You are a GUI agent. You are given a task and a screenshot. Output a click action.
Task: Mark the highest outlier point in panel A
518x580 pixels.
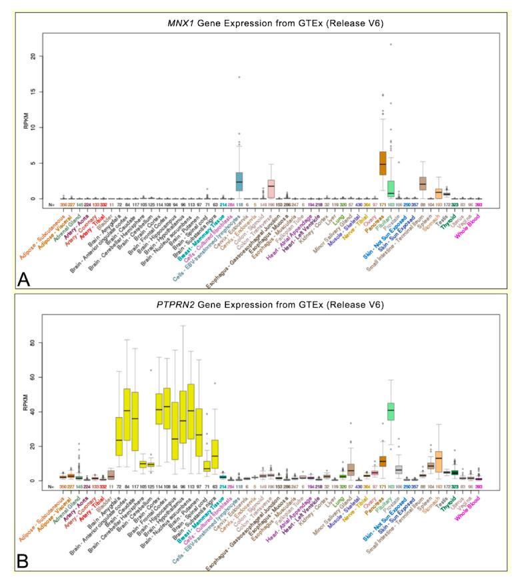(391, 45)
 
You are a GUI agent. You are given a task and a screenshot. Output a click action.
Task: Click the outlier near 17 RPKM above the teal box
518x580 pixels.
(239, 77)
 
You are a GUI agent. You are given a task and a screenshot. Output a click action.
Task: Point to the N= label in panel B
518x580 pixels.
(51, 487)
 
